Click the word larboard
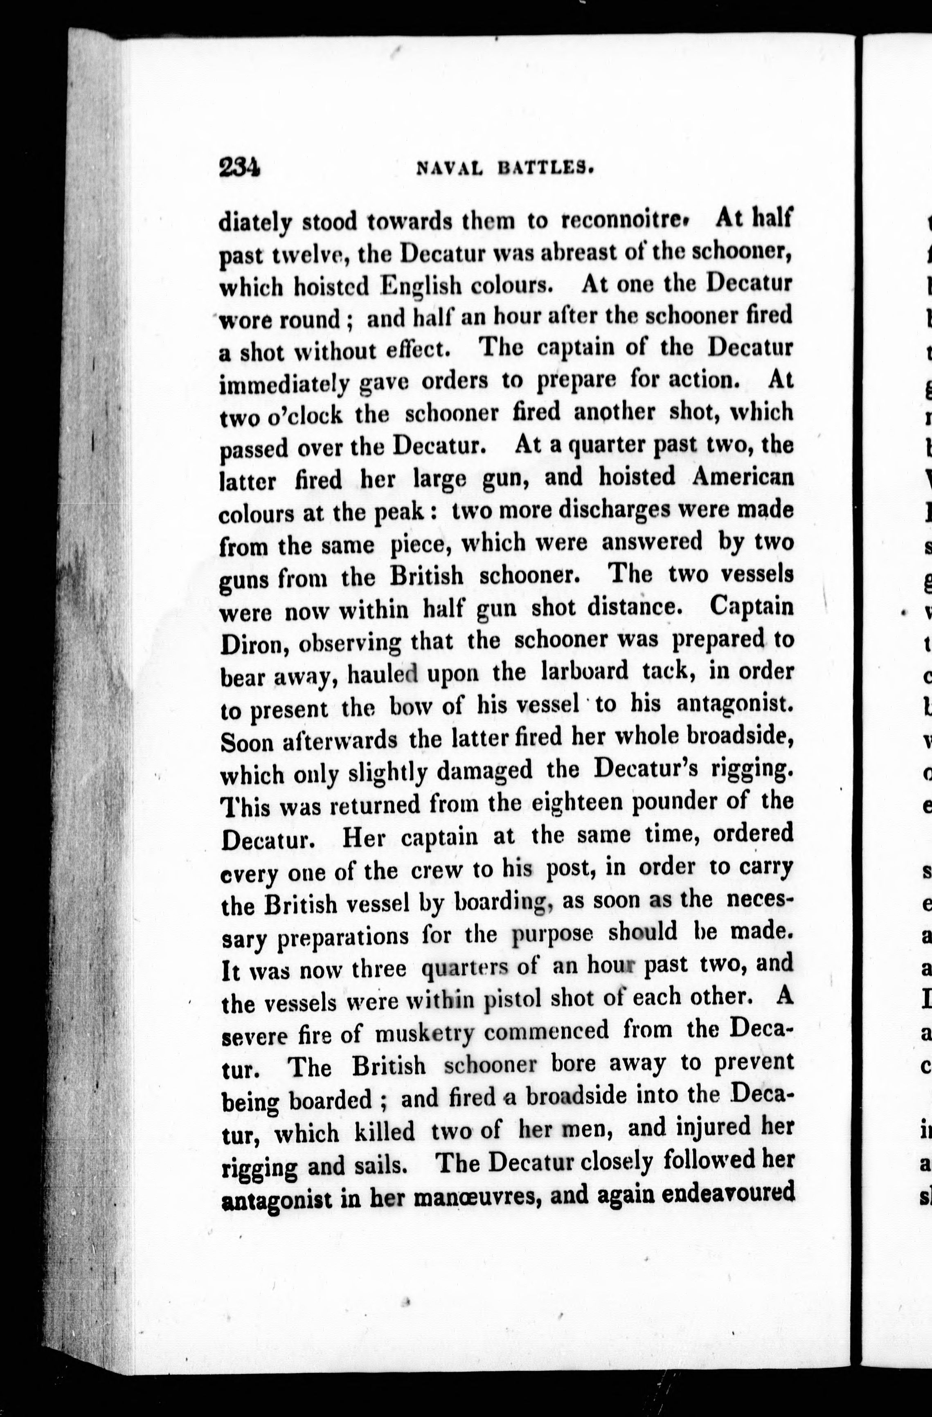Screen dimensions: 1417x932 (x=585, y=672)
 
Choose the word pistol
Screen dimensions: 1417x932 (x=512, y=999)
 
